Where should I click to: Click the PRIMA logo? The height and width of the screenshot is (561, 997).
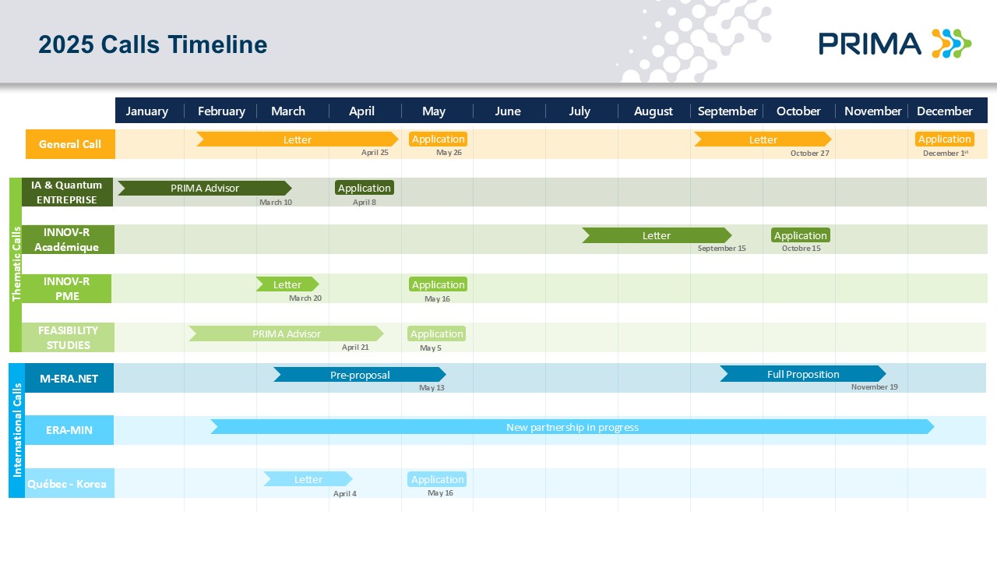(895, 44)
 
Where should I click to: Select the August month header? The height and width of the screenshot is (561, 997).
(653, 111)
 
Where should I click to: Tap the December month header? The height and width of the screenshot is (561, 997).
(945, 111)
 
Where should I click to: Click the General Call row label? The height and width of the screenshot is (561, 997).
(70, 144)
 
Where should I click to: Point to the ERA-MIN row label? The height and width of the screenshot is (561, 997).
(69, 430)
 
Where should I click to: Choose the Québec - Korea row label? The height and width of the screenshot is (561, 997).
(67, 484)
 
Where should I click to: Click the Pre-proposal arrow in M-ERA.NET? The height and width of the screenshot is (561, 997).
(360, 375)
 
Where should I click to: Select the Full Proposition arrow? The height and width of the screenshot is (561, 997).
(803, 374)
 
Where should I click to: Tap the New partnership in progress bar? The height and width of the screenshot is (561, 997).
(572, 427)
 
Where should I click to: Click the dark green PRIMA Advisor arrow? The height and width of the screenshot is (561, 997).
(205, 188)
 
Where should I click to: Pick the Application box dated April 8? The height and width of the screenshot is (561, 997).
(364, 188)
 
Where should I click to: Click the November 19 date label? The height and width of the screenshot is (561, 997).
(874, 387)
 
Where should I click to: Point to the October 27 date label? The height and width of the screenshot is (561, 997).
(809, 153)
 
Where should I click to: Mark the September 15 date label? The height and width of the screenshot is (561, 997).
(721, 248)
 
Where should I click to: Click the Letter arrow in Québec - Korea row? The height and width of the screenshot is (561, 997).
(308, 479)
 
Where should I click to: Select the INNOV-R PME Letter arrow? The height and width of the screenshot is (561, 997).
(287, 284)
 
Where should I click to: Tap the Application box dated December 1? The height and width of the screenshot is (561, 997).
(945, 139)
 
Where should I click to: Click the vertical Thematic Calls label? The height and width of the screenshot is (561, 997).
(16, 264)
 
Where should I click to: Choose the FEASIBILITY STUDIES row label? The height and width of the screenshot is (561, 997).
(68, 337)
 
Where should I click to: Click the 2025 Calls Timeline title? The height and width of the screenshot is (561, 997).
(153, 44)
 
